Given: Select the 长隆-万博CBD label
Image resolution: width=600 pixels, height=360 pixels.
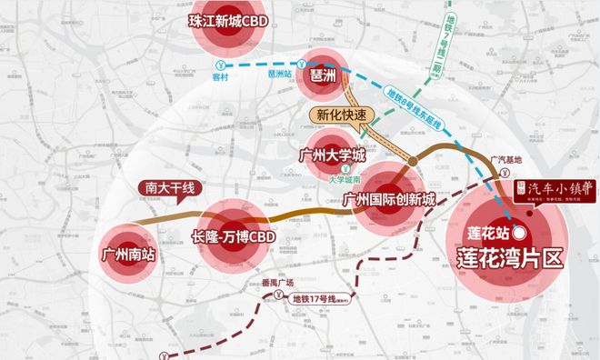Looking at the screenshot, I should [234, 237].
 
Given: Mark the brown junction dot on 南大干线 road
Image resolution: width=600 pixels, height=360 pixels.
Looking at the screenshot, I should [413, 163].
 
